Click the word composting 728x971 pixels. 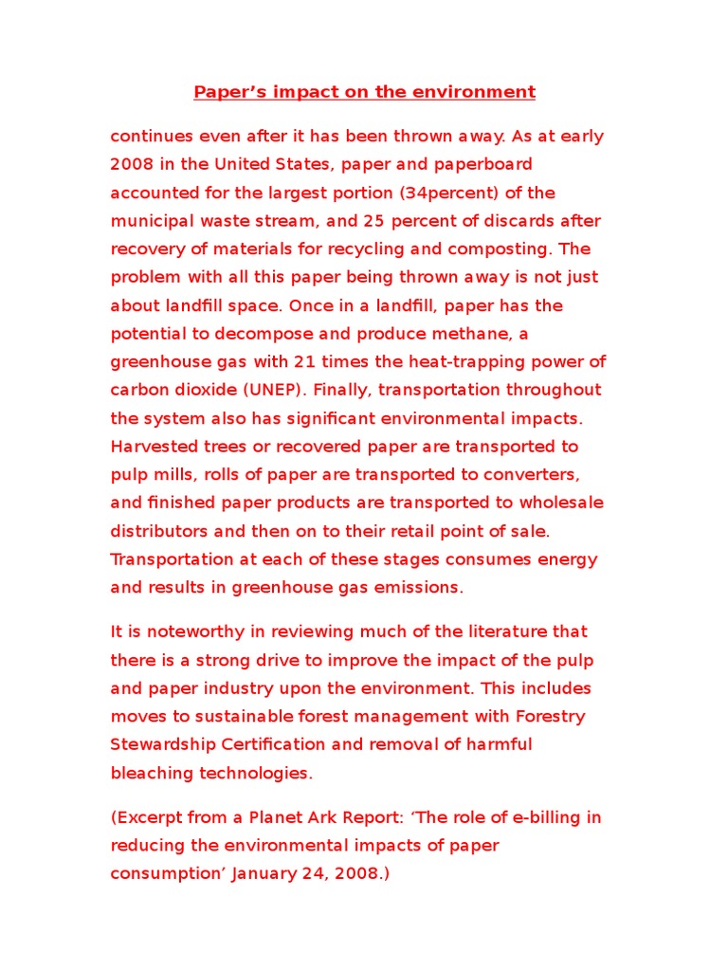tap(507, 248)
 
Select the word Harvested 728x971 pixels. tap(154, 447)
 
